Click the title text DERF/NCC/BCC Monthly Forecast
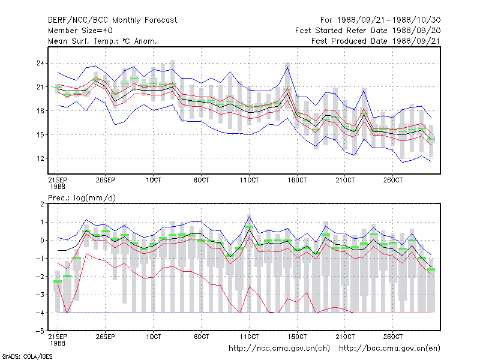tap(112, 20)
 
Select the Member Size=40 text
tap(80, 31)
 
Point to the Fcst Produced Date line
tap(376, 41)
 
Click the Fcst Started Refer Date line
tap(368, 31)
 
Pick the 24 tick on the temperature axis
tap(40, 64)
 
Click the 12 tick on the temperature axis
tap(40, 158)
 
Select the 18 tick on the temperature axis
tap(40, 111)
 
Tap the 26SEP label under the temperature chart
tap(106, 180)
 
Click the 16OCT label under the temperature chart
tap(297, 180)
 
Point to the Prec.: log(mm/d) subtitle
tap(82, 198)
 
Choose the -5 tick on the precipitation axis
tap(40, 331)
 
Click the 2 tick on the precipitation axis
tap(42, 204)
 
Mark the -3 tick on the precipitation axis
tap(40, 295)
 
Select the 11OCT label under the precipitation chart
tap(249, 337)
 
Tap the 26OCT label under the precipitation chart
tap(393, 337)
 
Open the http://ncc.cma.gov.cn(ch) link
tap(280, 349)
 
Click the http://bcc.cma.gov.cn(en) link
tap(389, 349)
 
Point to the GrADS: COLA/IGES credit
tap(27, 356)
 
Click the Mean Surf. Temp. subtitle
tap(103, 41)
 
